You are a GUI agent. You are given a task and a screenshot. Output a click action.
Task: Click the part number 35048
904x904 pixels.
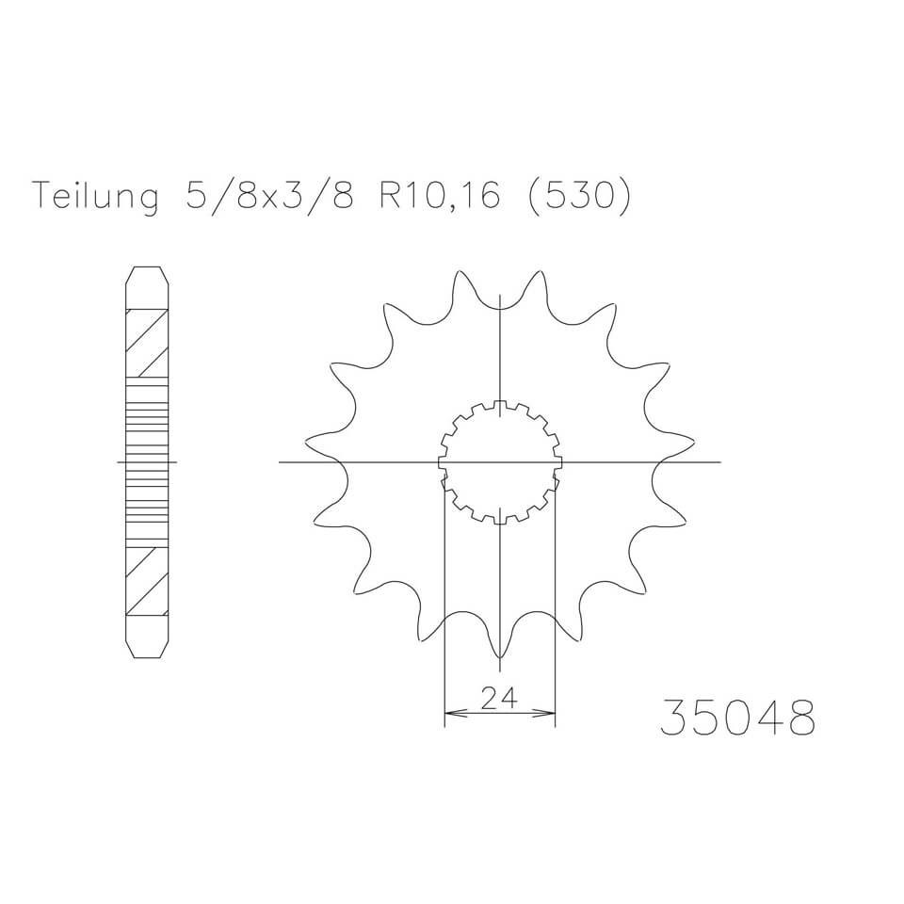click(736, 718)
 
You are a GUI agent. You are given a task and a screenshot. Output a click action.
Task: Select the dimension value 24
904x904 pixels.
click(499, 698)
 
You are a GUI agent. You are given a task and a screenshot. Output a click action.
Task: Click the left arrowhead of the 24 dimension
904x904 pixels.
click(449, 713)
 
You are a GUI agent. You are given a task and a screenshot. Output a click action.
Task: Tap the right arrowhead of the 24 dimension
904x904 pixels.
click(550, 713)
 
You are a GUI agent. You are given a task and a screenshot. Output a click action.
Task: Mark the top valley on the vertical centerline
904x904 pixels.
click(499, 305)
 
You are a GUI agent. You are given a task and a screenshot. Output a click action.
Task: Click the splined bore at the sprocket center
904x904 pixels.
click(499, 462)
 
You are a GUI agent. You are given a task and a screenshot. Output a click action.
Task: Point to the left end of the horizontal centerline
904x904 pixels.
click(282, 462)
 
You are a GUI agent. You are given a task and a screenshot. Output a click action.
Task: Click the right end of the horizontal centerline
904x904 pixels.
click(718, 462)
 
